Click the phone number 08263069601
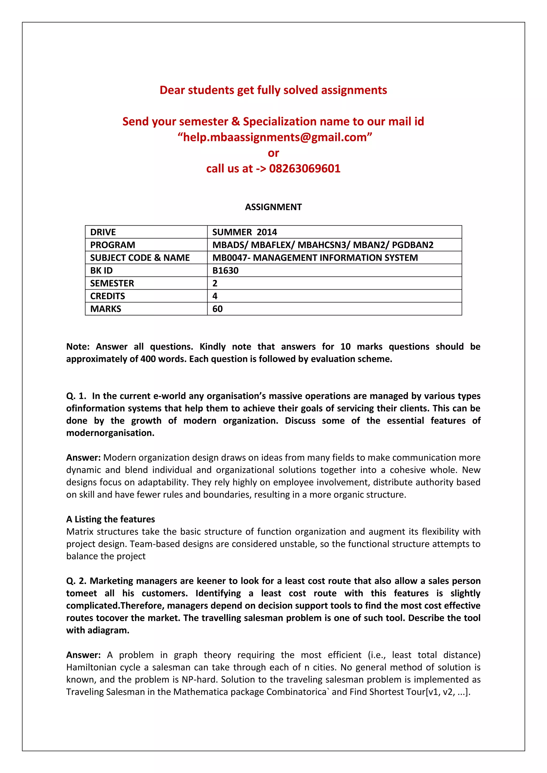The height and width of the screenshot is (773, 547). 304,169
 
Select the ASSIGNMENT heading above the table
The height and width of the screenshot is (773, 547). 273,207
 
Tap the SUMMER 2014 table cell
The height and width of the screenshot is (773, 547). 245,232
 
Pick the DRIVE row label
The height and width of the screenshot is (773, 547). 103,232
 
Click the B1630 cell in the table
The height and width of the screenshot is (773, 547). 225,271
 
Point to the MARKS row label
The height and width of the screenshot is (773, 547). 106,309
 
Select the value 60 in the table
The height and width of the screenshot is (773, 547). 218,309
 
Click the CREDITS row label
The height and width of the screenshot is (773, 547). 107,296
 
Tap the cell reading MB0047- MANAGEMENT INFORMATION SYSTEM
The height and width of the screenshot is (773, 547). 315,258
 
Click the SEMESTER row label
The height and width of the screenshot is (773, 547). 112,283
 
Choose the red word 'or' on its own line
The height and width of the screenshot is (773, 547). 273,153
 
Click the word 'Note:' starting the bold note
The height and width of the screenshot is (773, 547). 78,347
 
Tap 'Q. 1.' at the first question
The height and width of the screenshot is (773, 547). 76,396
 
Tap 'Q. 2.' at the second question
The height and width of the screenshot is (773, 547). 76,581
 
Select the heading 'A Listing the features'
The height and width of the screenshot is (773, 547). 111,519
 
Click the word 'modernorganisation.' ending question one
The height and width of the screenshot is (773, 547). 110,433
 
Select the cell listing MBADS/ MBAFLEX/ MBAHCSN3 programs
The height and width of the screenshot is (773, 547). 323,245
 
